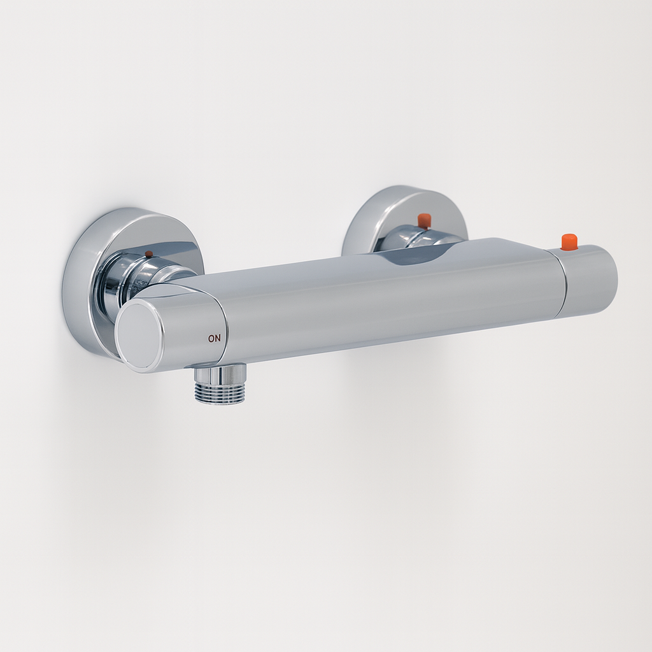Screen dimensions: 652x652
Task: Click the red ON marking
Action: pos(214,339)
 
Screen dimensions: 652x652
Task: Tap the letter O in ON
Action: pos(211,339)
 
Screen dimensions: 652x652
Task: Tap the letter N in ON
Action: pos(218,339)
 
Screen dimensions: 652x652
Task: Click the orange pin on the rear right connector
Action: pos(423,221)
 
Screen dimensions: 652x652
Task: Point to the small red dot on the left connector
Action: pos(149,253)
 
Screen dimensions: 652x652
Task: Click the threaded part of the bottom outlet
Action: pos(221,393)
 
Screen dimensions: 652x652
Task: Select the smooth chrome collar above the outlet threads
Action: pos(221,374)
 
